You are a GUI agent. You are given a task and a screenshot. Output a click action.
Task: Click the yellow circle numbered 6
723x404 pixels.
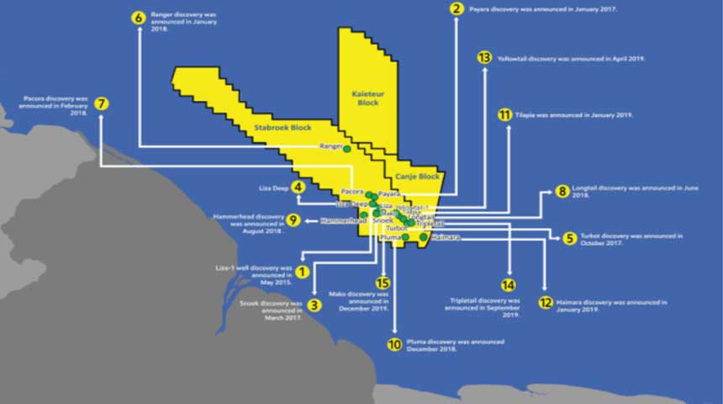point(139,17)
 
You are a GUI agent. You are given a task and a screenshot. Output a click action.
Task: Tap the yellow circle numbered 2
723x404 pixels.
point(457,9)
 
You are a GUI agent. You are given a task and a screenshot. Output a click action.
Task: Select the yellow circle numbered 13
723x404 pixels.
point(483,58)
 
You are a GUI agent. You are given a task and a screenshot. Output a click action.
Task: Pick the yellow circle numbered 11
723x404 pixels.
point(504,115)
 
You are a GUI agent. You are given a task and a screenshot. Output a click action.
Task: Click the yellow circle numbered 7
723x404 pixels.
point(102,104)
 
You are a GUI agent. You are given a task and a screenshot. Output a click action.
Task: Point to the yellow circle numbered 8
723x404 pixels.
point(562,192)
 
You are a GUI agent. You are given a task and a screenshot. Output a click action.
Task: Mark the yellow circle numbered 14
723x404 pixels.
point(508,285)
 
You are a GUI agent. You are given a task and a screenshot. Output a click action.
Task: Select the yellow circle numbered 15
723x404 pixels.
point(383,284)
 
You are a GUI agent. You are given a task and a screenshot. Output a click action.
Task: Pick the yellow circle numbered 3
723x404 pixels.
point(314,306)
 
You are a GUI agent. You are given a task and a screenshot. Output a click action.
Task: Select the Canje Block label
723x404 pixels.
point(418,177)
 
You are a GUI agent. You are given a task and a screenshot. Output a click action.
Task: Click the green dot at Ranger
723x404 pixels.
point(346,149)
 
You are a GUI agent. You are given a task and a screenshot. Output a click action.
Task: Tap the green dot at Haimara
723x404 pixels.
point(424,237)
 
